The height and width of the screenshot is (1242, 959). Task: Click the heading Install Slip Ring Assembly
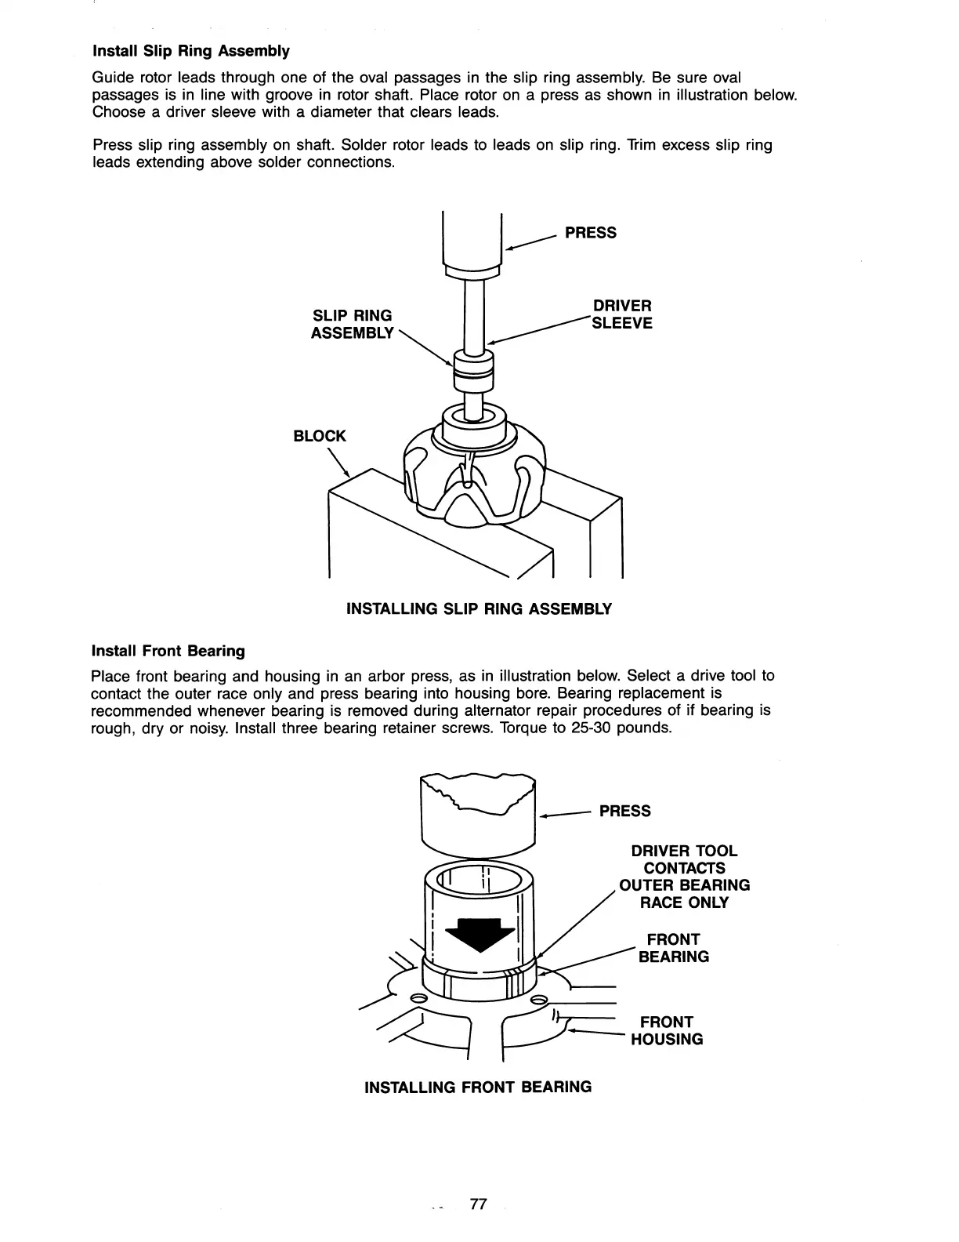coord(191,51)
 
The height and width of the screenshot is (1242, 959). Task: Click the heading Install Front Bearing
coord(168,651)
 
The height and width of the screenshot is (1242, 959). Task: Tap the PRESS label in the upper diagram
coord(590,233)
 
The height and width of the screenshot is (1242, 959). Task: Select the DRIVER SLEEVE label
coord(622,314)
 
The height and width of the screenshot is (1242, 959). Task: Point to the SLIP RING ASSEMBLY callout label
coord(352,324)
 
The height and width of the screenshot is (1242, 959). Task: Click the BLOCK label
coord(319,436)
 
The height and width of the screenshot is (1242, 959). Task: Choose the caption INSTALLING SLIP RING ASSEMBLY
coord(479,609)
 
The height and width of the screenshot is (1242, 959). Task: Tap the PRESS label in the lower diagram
coord(624,811)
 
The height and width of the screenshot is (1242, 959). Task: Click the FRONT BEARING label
coord(673,948)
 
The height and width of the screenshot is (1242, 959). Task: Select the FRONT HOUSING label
coord(667,1030)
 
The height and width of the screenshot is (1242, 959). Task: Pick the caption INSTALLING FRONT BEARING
coord(478,1087)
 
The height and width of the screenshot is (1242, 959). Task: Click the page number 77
coord(478,1204)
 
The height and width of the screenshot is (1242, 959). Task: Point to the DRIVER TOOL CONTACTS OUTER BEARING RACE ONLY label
coord(684,877)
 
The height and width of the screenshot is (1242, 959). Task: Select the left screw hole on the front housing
coord(418,998)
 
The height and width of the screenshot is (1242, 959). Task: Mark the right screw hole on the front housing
coord(539,1000)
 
